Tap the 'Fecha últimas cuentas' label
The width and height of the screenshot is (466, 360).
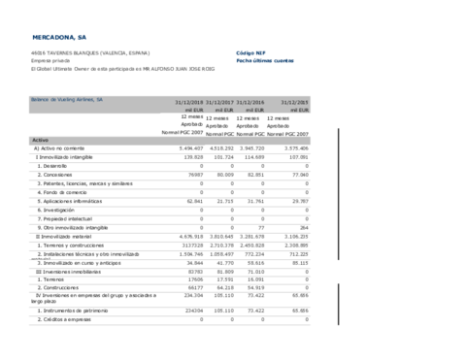coord(264,60)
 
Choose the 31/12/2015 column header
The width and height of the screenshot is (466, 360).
coord(293,101)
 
